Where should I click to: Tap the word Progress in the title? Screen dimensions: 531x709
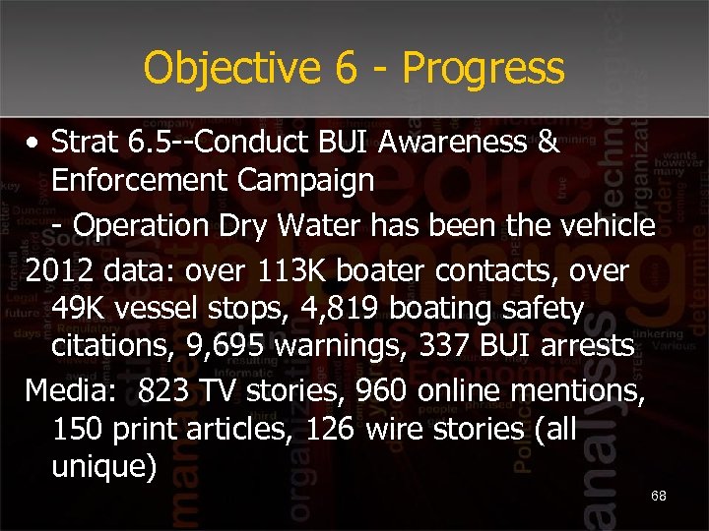tap(483, 69)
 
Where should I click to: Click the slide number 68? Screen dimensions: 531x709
tap(659, 496)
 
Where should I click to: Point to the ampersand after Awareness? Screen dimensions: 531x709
tap(548, 142)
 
